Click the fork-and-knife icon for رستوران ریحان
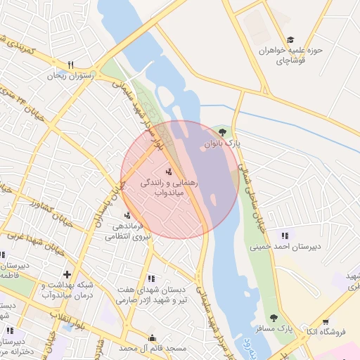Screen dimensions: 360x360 click(70, 64)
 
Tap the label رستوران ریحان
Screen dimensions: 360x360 click(70, 75)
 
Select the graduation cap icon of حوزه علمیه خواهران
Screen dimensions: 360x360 click(290, 40)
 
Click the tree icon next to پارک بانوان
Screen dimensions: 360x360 click(223, 131)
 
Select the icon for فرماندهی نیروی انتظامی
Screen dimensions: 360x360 click(127, 215)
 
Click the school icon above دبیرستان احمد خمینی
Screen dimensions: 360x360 click(285, 236)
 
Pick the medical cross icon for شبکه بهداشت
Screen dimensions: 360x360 click(67, 274)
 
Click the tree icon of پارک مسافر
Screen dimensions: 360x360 click(273, 317)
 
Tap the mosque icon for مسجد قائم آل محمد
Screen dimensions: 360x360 click(152, 337)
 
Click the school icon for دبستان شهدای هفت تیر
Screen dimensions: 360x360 click(151, 278)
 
